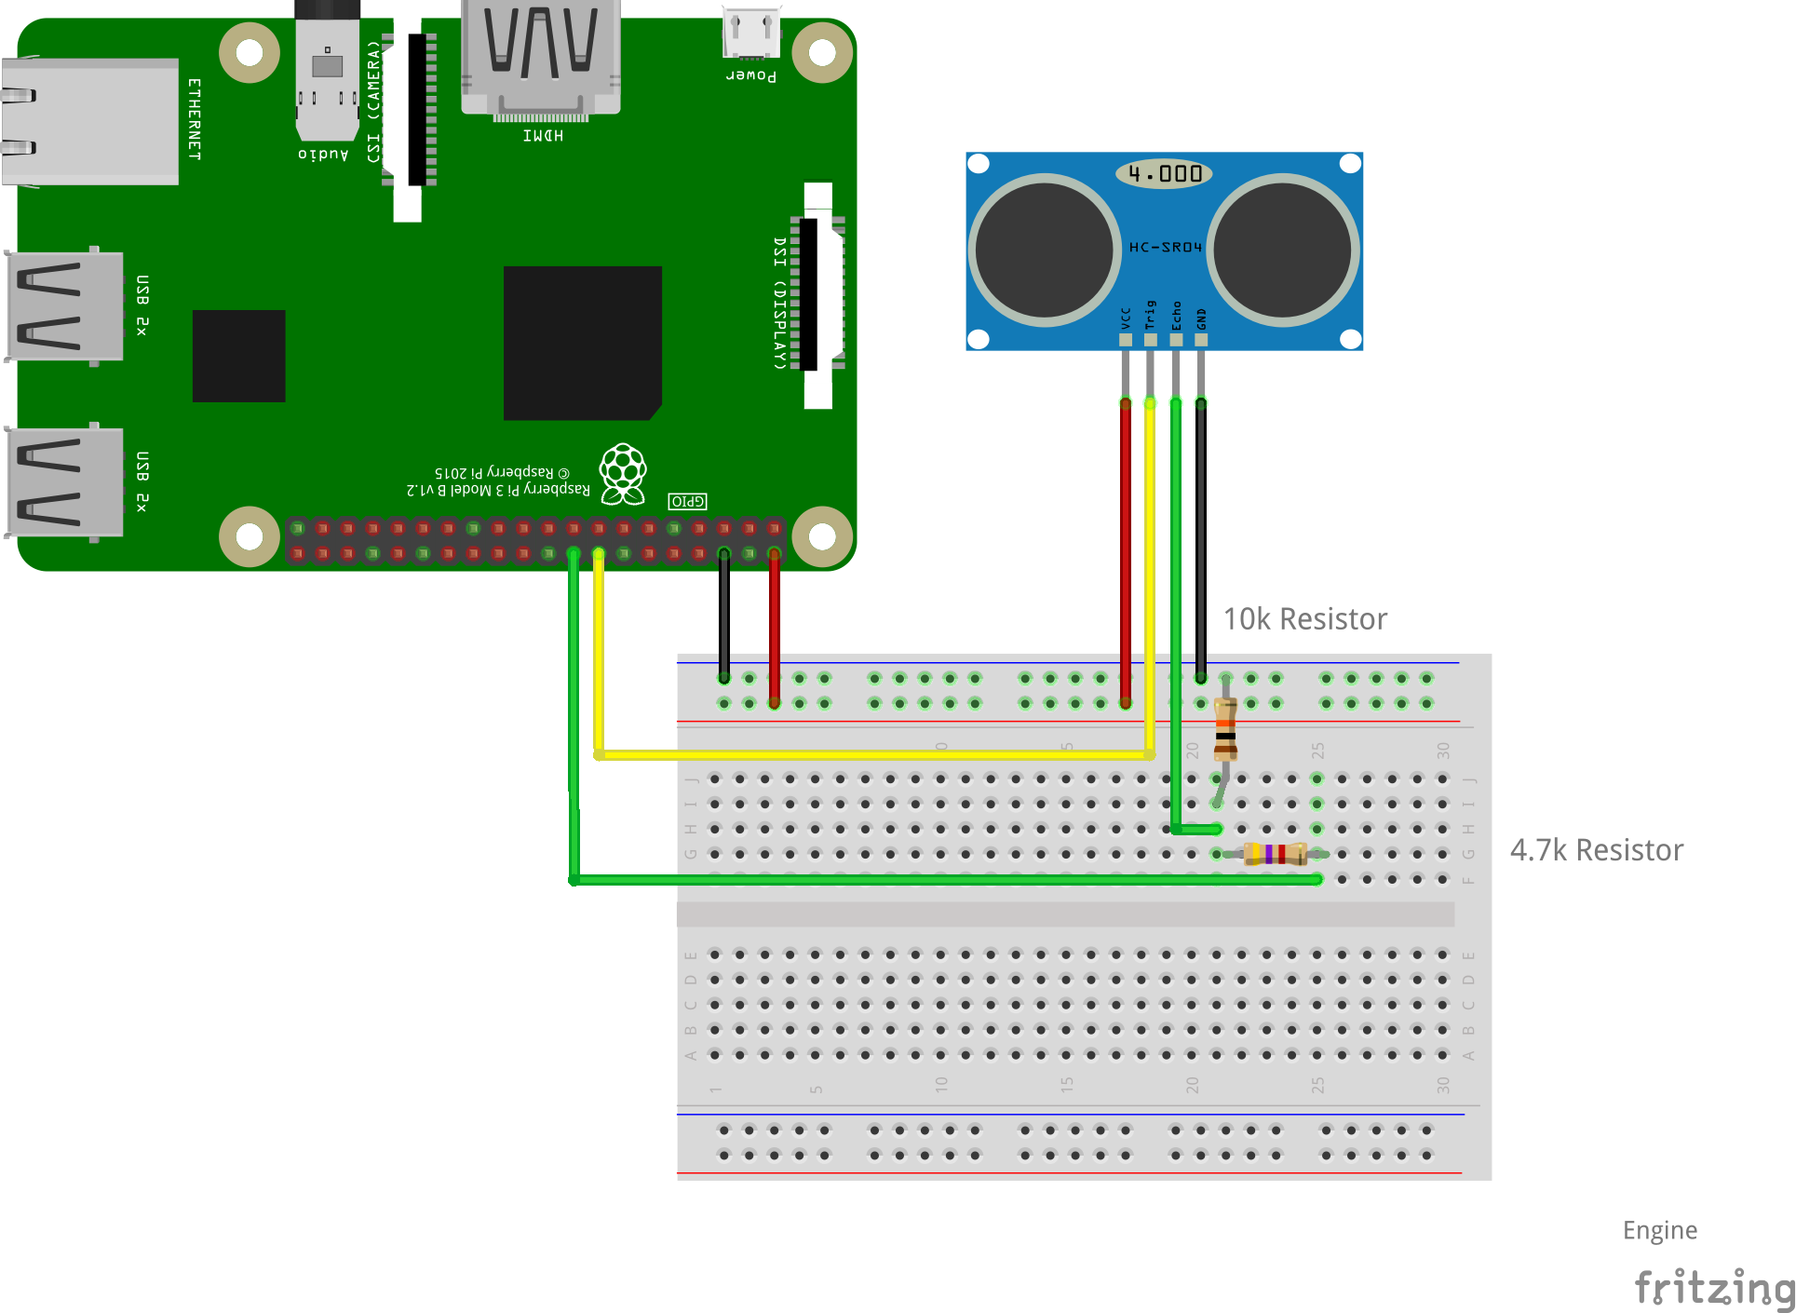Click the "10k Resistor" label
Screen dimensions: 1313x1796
(x=1304, y=619)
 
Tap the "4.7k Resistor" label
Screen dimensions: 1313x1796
(x=1596, y=850)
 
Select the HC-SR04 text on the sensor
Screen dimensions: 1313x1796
(x=1165, y=248)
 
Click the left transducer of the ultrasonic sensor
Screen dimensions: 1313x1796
(x=1044, y=250)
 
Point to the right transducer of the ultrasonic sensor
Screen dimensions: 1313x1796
(x=1282, y=250)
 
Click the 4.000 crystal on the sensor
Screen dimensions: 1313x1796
(x=1164, y=173)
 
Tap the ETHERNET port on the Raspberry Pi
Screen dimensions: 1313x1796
(x=89, y=121)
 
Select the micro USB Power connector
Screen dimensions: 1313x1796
(x=751, y=34)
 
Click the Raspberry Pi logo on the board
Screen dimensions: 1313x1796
(x=623, y=473)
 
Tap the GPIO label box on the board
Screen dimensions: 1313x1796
(x=687, y=501)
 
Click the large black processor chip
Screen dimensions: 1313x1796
(x=582, y=343)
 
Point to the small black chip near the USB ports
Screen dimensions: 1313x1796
(x=238, y=356)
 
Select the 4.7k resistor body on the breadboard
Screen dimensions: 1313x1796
(x=1275, y=853)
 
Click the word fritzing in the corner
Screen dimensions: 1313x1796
(x=1713, y=1288)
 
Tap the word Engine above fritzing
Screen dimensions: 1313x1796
(x=1659, y=1230)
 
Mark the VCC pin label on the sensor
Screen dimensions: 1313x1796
(x=1126, y=318)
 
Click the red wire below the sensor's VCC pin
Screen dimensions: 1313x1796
(x=1126, y=549)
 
